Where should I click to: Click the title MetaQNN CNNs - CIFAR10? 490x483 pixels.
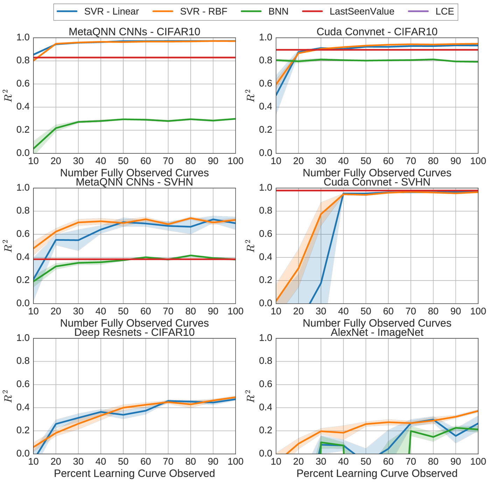click(134, 32)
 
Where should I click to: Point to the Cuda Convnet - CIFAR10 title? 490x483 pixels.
click(377, 32)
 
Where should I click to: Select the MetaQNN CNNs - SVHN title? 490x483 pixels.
click(134, 182)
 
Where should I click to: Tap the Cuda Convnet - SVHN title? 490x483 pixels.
click(377, 182)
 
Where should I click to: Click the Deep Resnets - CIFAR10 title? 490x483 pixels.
click(134, 332)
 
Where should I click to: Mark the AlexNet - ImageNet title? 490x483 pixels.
click(377, 332)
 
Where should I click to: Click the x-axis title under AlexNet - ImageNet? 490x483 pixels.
click(377, 474)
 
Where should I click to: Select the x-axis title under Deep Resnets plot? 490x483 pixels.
click(134, 474)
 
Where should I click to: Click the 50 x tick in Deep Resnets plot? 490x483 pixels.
click(123, 462)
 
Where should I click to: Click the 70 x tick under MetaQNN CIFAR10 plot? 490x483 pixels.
click(168, 161)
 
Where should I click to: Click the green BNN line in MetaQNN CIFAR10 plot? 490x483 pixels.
click(146, 120)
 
